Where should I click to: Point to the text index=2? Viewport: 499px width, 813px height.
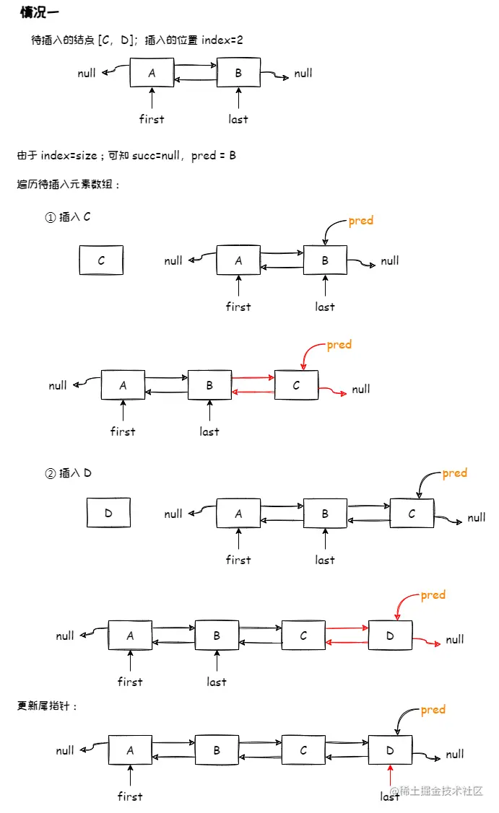tap(222, 40)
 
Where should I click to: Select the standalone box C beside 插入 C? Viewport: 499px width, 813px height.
tap(101, 260)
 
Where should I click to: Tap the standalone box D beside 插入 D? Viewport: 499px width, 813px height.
tap(108, 513)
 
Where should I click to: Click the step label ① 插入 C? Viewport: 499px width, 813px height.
tap(68, 217)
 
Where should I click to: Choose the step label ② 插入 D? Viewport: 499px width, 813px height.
tap(68, 473)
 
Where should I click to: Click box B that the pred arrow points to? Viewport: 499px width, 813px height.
tap(325, 260)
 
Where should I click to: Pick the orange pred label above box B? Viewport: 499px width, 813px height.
tap(360, 221)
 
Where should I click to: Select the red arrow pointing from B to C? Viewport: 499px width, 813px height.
tap(253, 377)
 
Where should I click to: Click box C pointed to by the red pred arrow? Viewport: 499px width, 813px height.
tap(296, 385)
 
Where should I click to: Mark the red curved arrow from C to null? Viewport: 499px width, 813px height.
tap(332, 391)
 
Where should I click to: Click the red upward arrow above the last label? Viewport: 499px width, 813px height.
tap(390, 778)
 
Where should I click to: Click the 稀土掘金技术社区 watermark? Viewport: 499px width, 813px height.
tap(441, 791)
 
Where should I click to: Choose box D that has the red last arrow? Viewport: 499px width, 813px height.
tap(390, 750)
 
